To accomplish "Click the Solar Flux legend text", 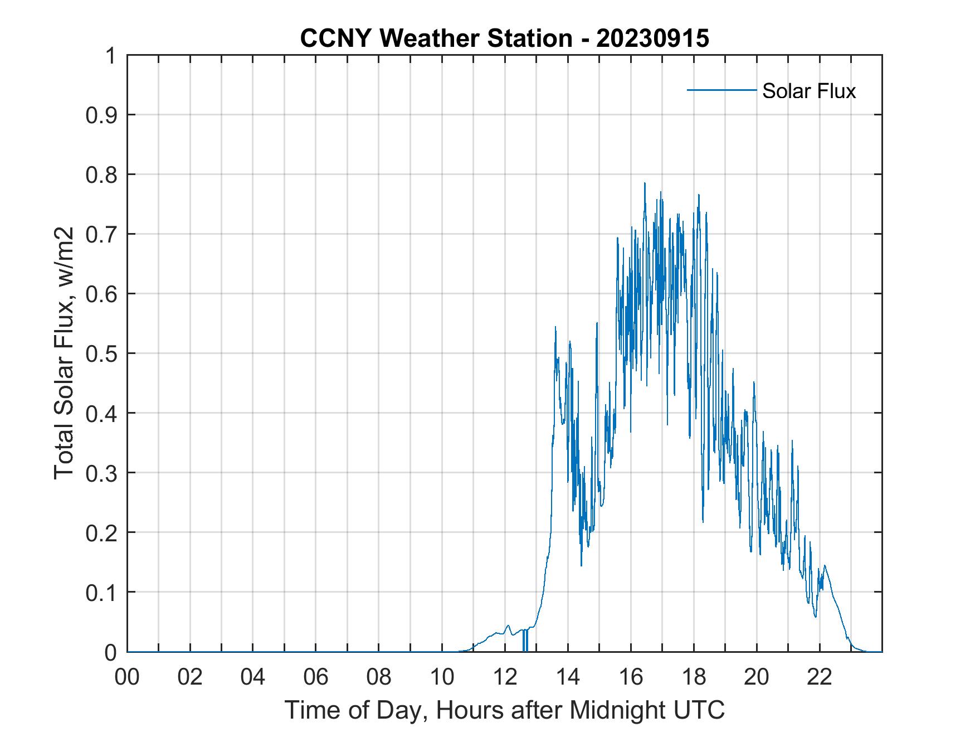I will click(808, 91).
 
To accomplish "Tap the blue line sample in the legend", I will click(721, 90).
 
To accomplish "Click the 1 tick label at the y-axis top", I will click(111, 56).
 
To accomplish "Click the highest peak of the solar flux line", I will click(645, 183).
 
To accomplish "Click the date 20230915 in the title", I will click(652, 38).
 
